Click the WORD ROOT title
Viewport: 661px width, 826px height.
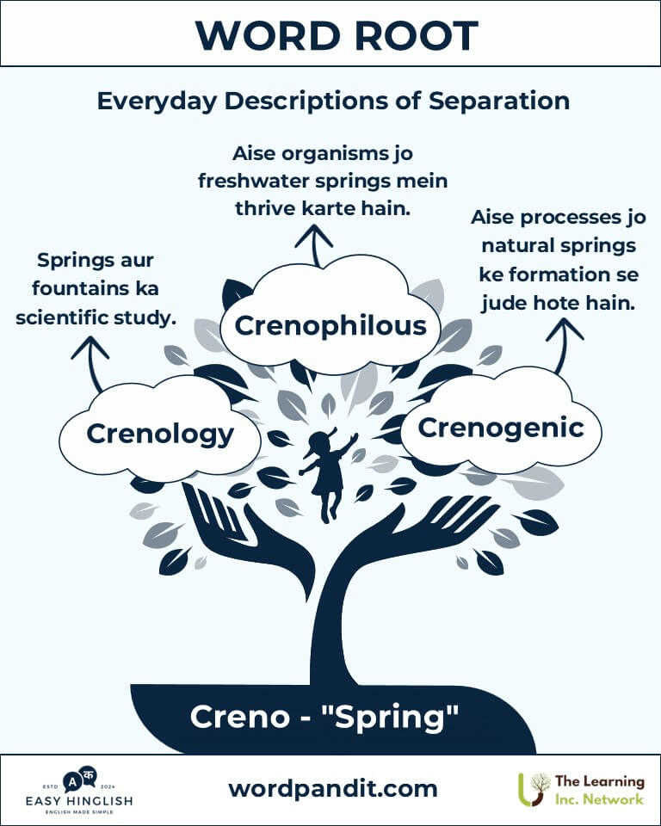click(337, 36)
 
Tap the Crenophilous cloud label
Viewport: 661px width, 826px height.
click(330, 325)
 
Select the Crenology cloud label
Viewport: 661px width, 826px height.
click(160, 435)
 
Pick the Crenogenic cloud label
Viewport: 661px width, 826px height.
click(501, 428)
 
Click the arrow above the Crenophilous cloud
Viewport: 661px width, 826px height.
click(315, 245)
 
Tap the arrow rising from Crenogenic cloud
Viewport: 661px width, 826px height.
click(562, 346)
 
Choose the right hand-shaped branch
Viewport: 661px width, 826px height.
click(422, 527)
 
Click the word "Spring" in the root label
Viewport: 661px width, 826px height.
click(397, 718)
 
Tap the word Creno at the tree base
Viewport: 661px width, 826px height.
click(239, 717)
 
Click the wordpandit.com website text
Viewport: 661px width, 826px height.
click(332, 789)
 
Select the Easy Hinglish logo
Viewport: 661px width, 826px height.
click(79, 791)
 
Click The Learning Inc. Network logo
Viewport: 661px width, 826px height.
click(581, 790)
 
